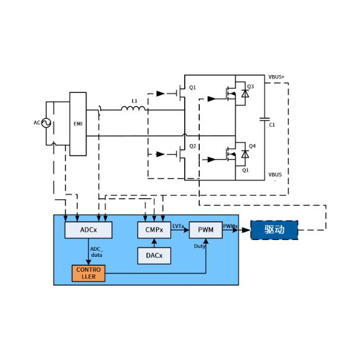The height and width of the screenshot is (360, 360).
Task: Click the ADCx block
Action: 88,229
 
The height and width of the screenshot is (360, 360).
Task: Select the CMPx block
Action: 154,229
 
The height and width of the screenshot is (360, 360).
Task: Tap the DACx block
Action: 154,256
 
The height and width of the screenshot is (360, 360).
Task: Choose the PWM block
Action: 205,229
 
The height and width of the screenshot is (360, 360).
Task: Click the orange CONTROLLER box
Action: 88,273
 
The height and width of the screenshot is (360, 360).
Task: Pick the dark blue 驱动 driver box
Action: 274,229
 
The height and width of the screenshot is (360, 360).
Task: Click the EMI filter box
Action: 78,124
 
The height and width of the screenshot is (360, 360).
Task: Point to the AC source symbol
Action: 45,123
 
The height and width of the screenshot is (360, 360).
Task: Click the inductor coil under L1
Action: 133,109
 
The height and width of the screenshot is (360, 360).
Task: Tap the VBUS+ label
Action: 277,77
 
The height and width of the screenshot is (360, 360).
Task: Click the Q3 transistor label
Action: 251,87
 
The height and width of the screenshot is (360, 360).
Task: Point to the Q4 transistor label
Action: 252,146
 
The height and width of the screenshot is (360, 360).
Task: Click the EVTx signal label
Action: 178,226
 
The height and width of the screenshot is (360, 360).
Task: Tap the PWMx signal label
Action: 230,226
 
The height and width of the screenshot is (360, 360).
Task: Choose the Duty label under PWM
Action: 200,246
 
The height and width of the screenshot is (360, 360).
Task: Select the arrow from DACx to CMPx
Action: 154,242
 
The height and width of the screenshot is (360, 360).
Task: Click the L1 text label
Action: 134,101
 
